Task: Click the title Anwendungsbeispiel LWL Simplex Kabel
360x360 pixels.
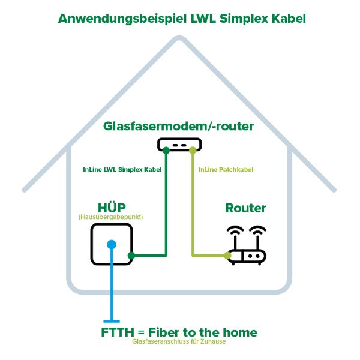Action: [x=182, y=19]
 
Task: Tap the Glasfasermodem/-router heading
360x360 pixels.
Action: [x=179, y=126]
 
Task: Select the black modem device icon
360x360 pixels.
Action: [x=179, y=145]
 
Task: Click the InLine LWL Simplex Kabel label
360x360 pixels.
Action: [x=122, y=170]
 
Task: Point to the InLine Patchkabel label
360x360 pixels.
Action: [x=225, y=170]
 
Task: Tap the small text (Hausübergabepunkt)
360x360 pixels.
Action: [x=111, y=217]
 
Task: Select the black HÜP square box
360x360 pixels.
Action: [x=112, y=244]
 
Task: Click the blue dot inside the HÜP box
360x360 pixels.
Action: [x=112, y=244]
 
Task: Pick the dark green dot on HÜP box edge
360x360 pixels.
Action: [x=131, y=255]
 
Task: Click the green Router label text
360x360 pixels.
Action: [x=245, y=208]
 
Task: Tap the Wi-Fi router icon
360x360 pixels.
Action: [x=247, y=246]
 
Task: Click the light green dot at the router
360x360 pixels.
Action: [x=227, y=256]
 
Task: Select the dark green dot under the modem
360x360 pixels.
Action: [x=166, y=149]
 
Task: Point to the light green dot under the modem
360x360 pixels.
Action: [x=192, y=149]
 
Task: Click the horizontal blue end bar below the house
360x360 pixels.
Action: [x=112, y=322]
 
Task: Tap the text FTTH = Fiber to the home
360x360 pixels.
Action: [x=179, y=332]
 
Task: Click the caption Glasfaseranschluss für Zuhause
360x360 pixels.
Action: [x=179, y=342]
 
